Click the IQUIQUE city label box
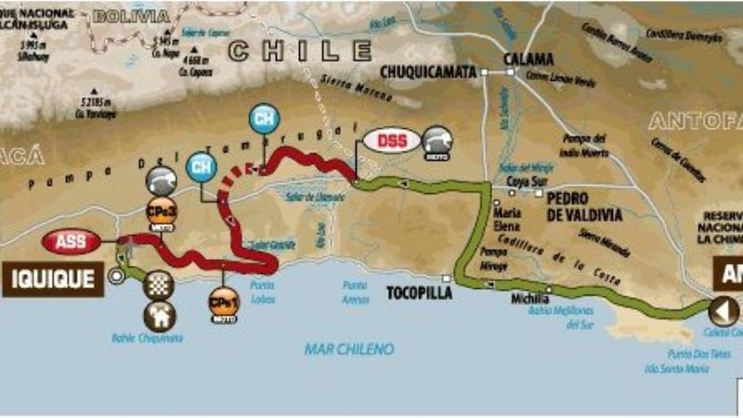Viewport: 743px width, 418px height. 52,278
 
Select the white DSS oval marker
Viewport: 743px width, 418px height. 391,141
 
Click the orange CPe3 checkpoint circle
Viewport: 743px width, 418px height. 158,212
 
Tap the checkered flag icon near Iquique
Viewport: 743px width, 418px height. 159,283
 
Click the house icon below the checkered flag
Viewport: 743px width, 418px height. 159,316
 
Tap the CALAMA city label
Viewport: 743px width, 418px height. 528,59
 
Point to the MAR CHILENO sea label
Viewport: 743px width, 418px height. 348,349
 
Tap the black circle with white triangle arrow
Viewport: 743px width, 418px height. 723,310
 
